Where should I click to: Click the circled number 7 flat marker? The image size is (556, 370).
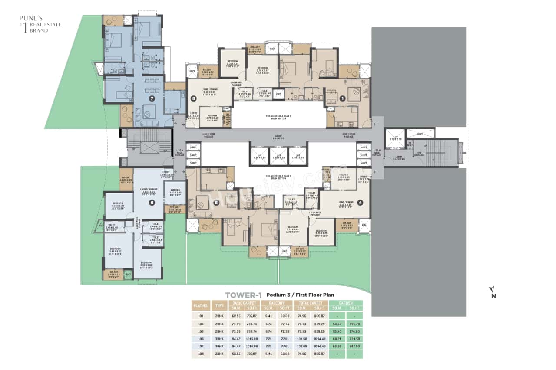152,98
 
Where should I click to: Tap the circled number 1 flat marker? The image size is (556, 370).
343,98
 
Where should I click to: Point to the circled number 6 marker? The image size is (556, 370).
152,203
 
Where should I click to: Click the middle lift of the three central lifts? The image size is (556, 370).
278,156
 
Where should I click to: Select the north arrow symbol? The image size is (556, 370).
493,292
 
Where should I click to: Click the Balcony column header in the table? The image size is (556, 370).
277,303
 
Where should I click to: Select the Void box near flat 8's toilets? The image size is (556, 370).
278,94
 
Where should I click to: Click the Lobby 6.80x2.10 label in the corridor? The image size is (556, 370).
278,136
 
